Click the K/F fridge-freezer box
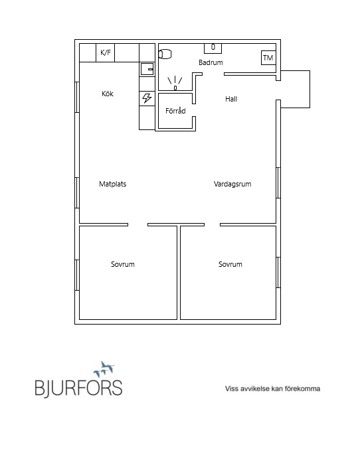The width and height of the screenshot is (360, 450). coord(105,52)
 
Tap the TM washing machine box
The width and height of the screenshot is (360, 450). coord(268,58)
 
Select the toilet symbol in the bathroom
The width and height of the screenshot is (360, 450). coord(165,54)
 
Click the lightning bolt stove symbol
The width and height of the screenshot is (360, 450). coord(147,98)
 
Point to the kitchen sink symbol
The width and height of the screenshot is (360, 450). coord(147,69)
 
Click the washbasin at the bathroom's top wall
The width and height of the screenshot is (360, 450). coord(213,48)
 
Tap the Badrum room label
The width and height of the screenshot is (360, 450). coord(211,62)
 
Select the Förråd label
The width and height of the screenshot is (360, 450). coord(175,110)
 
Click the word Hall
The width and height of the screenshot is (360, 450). coord(231,99)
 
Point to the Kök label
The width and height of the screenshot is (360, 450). coord(108,94)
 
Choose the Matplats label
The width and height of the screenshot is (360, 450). coord(113,184)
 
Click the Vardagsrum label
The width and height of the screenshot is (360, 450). coord(232,184)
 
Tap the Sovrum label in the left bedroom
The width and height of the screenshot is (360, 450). coord(123,264)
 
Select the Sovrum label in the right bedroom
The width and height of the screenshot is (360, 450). coord(230,264)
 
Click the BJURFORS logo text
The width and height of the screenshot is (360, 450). coord(78,388)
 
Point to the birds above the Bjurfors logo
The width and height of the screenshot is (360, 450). coord(104,369)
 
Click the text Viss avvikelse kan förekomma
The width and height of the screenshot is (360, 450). coord(272,388)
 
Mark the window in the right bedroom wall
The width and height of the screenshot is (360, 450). coord(278,272)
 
